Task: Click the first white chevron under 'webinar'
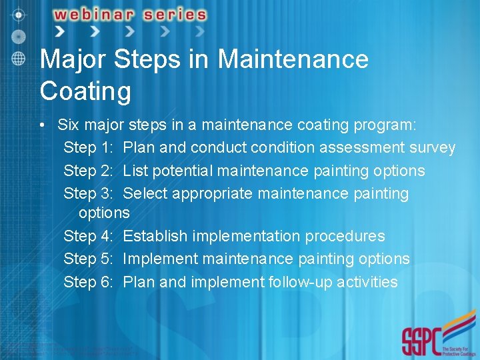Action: pyautogui.click(x=60, y=31)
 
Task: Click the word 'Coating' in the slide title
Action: pyautogui.click(x=85, y=91)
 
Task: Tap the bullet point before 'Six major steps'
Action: pyautogui.click(x=42, y=125)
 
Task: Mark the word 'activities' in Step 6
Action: pyautogui.click(x=367, y=282)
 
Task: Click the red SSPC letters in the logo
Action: pyautogui.click(x=419, y=341)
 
